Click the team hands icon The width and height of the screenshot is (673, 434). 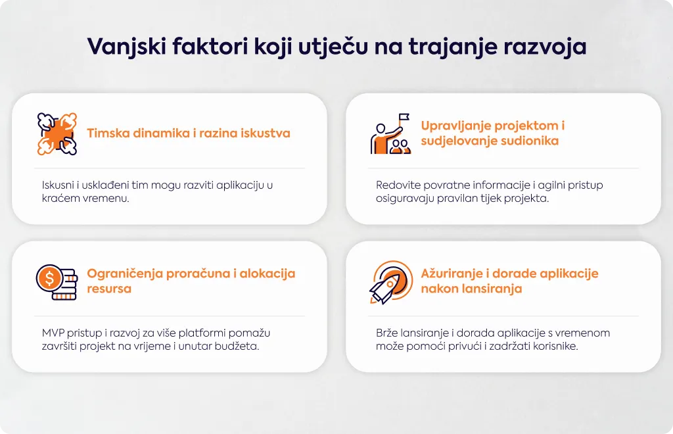(x=57, y=133)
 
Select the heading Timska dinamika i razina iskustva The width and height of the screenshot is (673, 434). (x=189, y=133)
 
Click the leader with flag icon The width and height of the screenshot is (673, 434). (x=390, y=133)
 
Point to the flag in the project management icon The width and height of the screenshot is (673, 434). (x=404, y=118)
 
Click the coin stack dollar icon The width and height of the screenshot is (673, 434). (x=57, y=282)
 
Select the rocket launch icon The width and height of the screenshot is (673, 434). (x=391, y=282)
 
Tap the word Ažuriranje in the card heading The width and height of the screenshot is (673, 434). (x=452, y=274)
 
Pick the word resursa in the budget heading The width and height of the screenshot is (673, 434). (x=109, y=289)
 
